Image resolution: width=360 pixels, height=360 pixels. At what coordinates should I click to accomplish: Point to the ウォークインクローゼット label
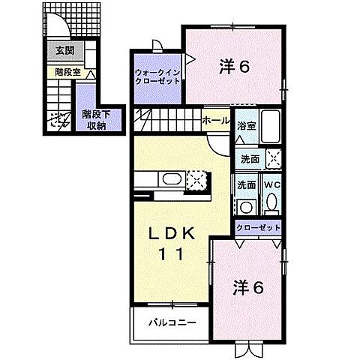pos(157,77)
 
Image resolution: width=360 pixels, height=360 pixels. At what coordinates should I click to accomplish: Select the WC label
pos(272,184)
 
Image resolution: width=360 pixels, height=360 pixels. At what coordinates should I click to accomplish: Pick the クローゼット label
pos(259,227)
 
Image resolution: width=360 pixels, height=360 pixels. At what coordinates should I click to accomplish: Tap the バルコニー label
pos(172,322)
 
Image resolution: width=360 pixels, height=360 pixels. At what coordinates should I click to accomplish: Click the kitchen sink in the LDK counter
pos(171,179)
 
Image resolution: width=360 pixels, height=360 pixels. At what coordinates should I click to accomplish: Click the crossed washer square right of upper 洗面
pos(274,158)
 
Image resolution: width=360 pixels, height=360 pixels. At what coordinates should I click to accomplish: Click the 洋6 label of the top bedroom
pos(235,66)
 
